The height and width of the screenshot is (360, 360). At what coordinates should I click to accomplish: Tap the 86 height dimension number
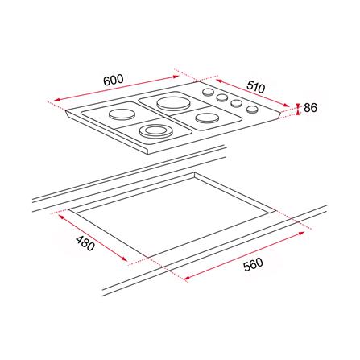click(x=311, y=106)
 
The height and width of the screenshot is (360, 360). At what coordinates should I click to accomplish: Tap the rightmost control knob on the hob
click(x=251, y=110)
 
